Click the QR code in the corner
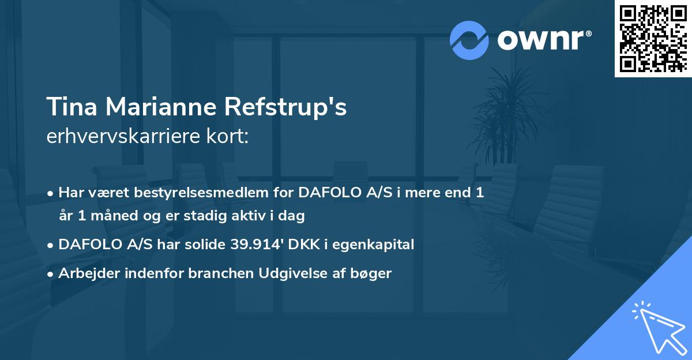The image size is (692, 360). pyautogui.click(x=653, y=39)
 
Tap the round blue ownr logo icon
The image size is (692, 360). pyautogui.click(x=469, y=40)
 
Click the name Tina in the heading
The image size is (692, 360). pyautogui.click(x=72, y=107)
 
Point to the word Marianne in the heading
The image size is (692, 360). pyautogui.click(x=161, y=107)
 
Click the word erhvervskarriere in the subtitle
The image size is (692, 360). pyautogui.click(x=123, y=136)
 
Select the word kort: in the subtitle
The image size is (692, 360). pyautogui.click(x=228, y=136)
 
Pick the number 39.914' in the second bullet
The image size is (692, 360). pyautogui.click(x=257, y=245)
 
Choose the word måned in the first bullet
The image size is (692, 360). pyautogui.click(x=114, y=216)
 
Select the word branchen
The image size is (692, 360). pyautogui.click(x=221, y=273)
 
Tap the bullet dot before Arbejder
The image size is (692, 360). pyautogui.click(x=50, y=274)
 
